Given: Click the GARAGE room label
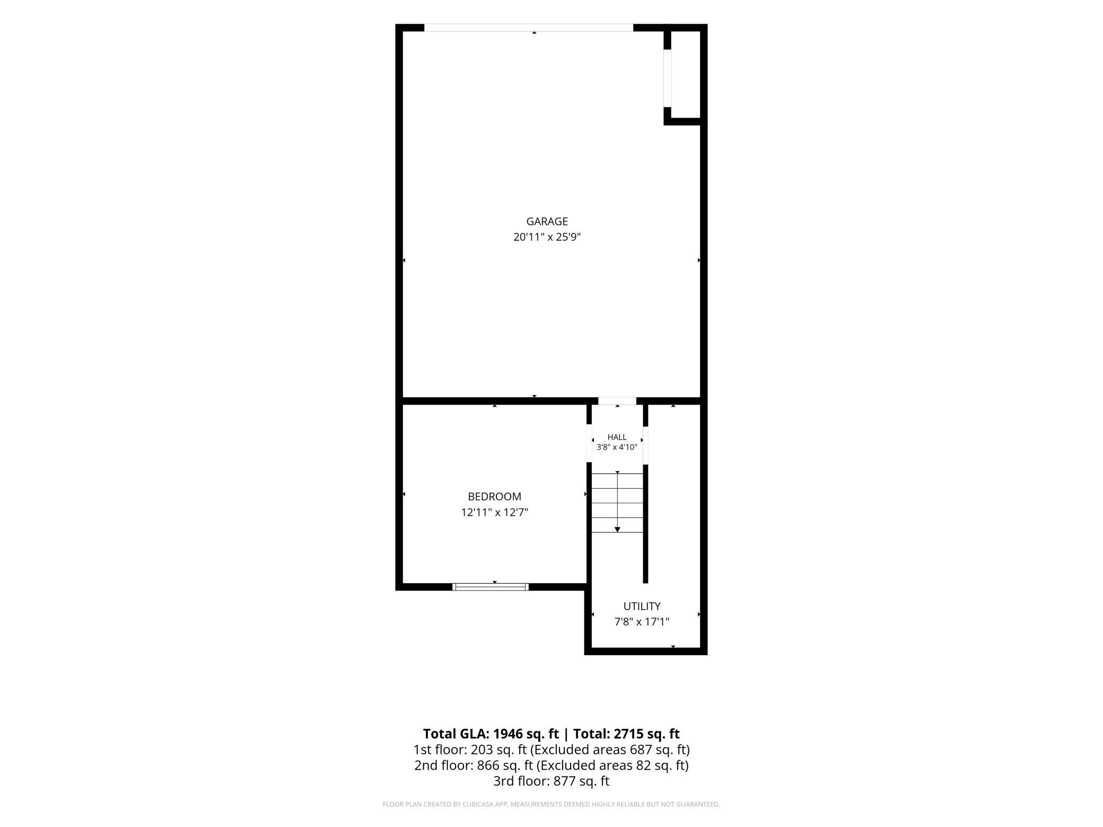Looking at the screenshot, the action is pos(547,222).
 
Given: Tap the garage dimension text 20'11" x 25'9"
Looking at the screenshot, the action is pos(547,237).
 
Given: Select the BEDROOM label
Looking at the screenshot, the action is pos(494,497).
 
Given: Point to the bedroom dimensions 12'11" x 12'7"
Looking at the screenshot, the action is pos(494,513).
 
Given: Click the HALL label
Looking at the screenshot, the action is pos(617,437).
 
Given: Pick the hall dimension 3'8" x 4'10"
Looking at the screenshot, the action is pos(617,447).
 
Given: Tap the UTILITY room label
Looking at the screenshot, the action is pos(642,606).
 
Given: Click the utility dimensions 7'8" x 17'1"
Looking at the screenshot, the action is pos(642,622).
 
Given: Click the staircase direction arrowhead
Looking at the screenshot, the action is pos(617,530).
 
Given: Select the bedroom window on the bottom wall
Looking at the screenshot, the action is pos(491,587).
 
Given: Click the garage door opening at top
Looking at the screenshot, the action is pos(529,28).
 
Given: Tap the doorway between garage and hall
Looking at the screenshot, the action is pos(617,401).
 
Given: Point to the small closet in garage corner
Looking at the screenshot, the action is pos(686,75).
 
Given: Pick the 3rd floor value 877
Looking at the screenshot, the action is pos(564,781).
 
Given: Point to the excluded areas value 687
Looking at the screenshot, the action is pos(640,750).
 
